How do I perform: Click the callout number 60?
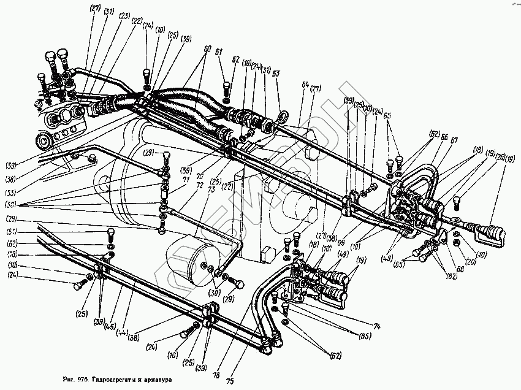(207, 48)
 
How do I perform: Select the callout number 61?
(218, 52)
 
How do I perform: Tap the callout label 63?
(276, 73)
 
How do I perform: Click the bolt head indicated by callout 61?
(226, 86)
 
